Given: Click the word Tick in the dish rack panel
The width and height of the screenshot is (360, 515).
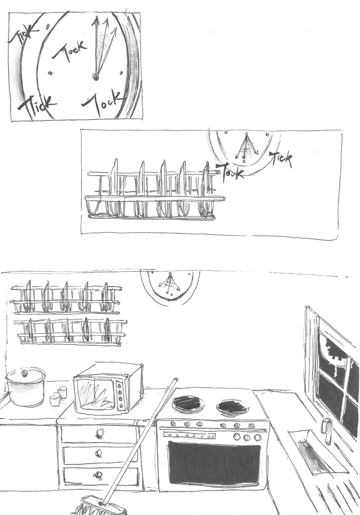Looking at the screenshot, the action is tap(282, 159).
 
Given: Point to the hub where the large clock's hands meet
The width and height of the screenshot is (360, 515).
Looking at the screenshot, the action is tap(95, 76).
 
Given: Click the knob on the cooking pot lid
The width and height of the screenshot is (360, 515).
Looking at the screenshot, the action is tap(24, 373).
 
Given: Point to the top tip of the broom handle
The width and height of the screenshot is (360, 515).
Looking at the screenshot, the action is tap(176, 378).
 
